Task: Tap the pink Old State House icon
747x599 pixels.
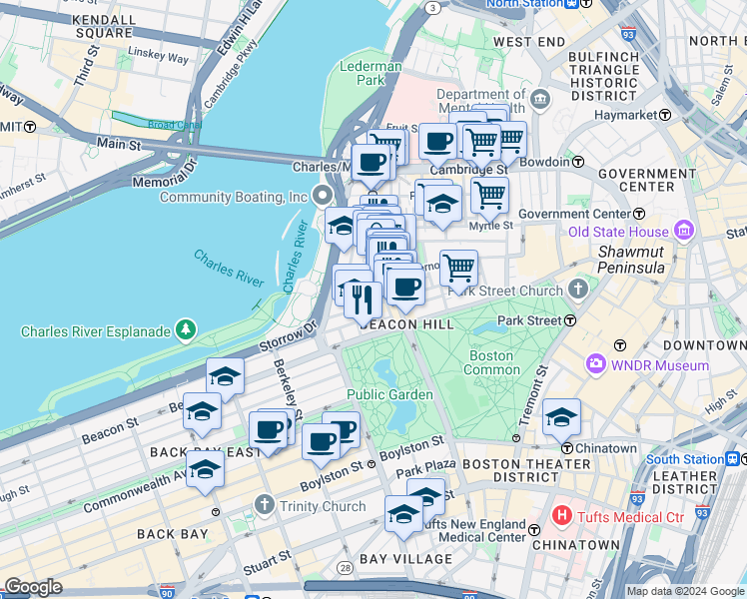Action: point(684,232)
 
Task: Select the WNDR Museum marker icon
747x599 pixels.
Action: point(596,365)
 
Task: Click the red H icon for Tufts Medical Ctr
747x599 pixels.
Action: point(561,516)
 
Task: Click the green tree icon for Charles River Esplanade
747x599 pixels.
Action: point(184,329)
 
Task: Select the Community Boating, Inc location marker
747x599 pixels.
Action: point(322,196)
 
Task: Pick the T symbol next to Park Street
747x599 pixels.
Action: point(569,321)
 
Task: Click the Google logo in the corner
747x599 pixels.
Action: point(34,586)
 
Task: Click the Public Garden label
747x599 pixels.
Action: point(389,395)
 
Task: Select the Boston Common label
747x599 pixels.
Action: point(490,362)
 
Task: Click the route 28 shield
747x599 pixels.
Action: point(346,568)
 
